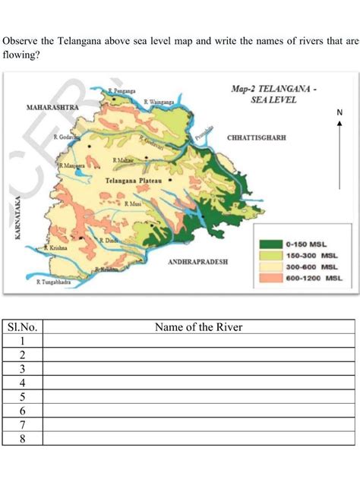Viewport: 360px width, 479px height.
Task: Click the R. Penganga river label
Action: pyautogui.click(x=122, y=90)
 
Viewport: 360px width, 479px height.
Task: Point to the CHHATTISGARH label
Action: pyautogui.click(x=256, y=139)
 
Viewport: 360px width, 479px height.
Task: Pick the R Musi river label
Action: pyautogui.click(x=132, y=204)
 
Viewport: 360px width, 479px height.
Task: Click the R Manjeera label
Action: pyautogui.click(x=73, y=165)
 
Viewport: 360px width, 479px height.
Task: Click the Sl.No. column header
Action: pyautogui.click(x=23, y=327)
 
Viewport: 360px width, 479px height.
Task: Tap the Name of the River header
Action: pyautogui.click(x=198, y=327)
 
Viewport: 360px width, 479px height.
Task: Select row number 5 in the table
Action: pyautogui.click(x=23, y=396)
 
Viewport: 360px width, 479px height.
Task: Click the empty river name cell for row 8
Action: pyautogui.click(x=198, y=438)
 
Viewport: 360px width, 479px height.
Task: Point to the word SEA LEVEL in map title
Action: pyautogui.click(x=274, y=101)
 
